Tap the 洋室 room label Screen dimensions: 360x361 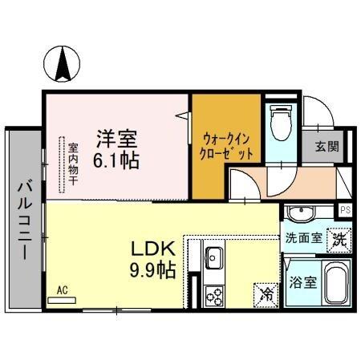[x=117, y=136]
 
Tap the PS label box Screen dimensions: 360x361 [x=345, y=210]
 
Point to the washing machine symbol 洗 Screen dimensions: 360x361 [x=340, y=239]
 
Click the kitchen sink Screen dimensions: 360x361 [x=214, y=257]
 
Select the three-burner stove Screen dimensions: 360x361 [x=214, y=295]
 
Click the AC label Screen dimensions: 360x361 [x=62, y=291]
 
